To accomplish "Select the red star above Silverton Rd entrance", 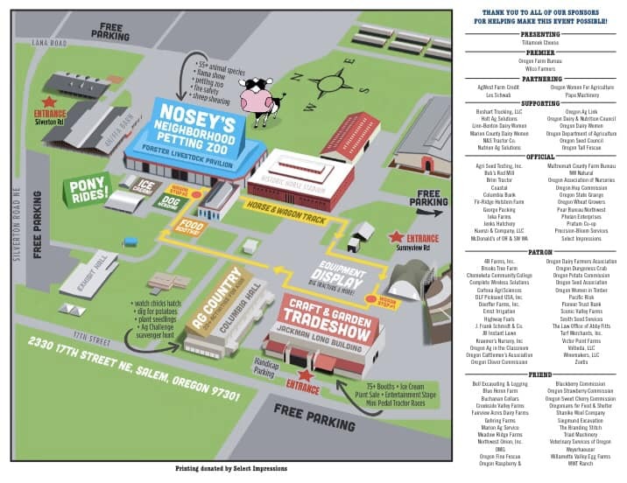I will (49, 103).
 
